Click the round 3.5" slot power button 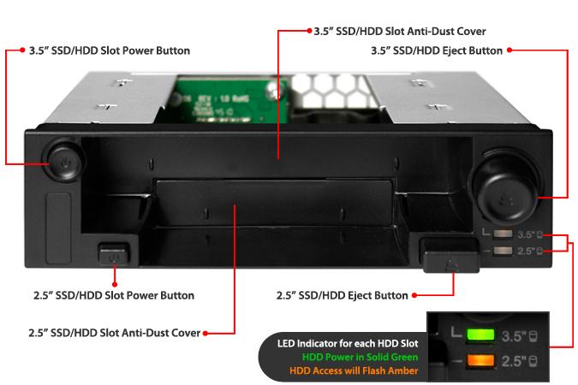click(x=64, y=161)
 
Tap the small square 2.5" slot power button click(x=114, y=254)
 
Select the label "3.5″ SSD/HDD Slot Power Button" click(x=110, y=50)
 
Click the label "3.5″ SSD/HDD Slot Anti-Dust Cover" click(x=400, y=32)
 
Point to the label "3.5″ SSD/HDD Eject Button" click(x=437, y=50)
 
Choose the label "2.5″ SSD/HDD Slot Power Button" click(x=114, y=295)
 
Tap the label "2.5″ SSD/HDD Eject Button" click(x=342, y=295)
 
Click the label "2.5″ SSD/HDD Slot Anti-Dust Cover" click(x=114, y=333)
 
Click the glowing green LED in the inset click(x=480, y=335)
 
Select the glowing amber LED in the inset click(x=480, y=360)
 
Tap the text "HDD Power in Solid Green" click(x=361, y=357)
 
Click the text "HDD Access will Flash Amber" click(x=354, y=370)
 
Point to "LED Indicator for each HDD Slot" click(x=348, y=344)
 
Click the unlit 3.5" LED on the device click(x=503, y=234)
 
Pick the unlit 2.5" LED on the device click(x=503, y=251)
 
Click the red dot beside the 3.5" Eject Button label click(x=509, y=50)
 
